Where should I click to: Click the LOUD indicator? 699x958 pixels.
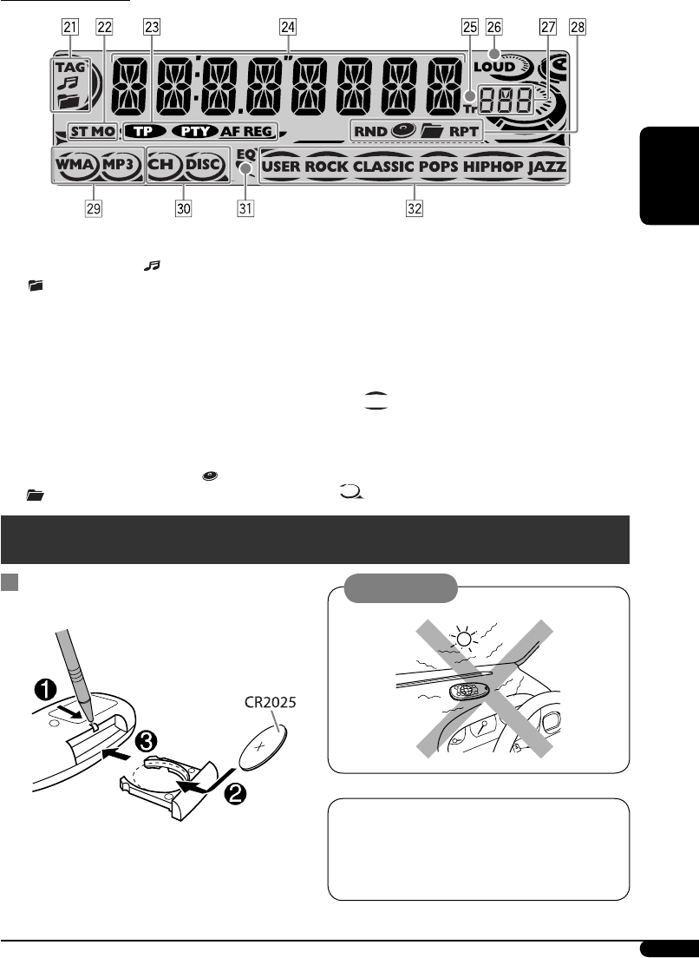[x=495, y=67]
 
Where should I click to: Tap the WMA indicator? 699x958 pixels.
[x=76, y=164]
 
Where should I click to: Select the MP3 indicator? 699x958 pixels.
[x=120, y=164]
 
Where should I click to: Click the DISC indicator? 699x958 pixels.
[x=204, y=164]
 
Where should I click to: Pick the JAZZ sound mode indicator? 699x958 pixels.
[x=546, y=165]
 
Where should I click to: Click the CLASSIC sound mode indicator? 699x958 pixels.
[x=383, y=165]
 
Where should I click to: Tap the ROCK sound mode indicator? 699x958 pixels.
[x=326, y=165]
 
